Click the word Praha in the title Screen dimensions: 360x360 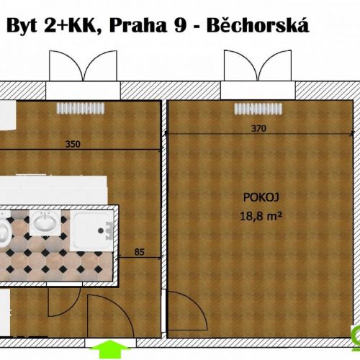click(x=138, y=25)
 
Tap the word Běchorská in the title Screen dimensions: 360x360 click(x=258, y=25)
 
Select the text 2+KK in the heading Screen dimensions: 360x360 click(x=71, y=26)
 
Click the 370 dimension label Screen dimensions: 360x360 click(x=258, y=129)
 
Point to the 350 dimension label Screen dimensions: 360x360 click(x=73, y=144)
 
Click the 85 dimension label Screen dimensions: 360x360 click(x=140, y=252)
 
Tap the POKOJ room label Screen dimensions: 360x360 click(x=261, y=197)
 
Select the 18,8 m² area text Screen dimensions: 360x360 click(x=261, y=217)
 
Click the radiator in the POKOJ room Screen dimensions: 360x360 click(x=258, y=109)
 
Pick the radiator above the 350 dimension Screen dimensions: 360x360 click(x=81, y=108)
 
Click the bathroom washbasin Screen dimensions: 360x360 click(x=45, y=222)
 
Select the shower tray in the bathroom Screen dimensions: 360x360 click(x=91, y=231)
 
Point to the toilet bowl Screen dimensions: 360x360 click(x=4, y=233)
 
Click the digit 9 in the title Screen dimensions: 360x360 click(x=180, y=26)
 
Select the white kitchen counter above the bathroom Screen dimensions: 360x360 click(x=53, y=190)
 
